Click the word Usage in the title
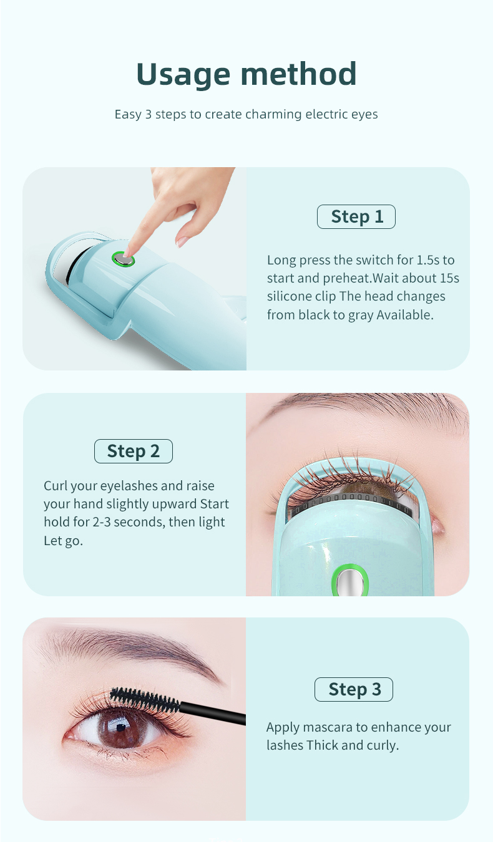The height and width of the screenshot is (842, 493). click(x=183, y=75)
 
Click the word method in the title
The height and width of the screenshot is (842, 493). click(x=298, y=74)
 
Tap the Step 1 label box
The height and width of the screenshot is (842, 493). click(x=356, y=216)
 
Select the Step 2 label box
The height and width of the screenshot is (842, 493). click(x=133, y=451)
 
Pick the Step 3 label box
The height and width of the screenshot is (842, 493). click(x=353, y=689)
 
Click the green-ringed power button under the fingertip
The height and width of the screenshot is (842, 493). click(x=124, y=259)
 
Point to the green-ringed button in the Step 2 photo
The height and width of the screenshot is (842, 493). click(x=349, y=581)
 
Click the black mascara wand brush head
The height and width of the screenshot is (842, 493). click(x=145, y=700)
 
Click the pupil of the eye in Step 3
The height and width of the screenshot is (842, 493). click(x=121, y=728)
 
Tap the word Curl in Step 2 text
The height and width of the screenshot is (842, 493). click(x=56, y=486)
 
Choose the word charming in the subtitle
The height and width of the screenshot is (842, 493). click(x=273, y=114)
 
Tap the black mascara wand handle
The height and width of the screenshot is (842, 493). click(x=213, y=712)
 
